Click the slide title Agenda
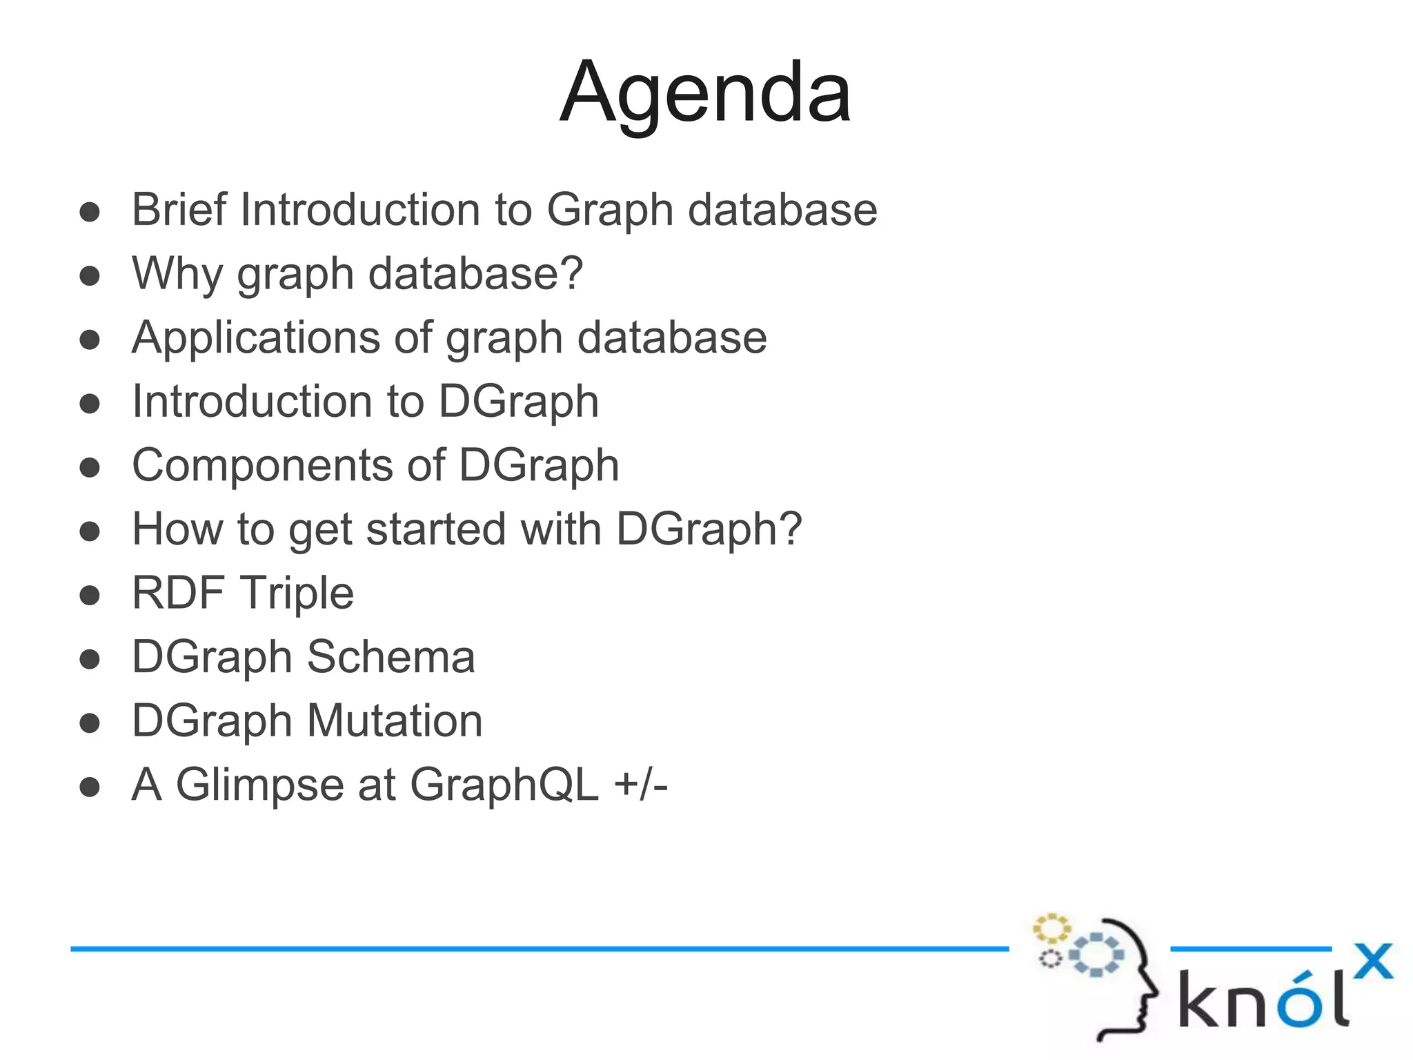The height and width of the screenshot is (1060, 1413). pos(705,93)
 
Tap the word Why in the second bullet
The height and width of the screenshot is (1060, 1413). pos(176,273)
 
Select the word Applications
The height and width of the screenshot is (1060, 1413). pos(255,337)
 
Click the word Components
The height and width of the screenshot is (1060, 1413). pos(261,465)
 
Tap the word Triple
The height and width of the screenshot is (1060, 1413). pos(297,594)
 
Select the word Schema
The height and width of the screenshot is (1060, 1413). pos(391,657)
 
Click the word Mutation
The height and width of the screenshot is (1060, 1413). pos(394,721)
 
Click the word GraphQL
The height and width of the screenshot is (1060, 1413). pos(504,785)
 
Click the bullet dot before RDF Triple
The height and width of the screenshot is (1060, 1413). pos(90,595)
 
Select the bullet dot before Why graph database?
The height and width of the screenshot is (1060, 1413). pos(90,276)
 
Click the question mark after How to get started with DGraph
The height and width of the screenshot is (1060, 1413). pos(789,529)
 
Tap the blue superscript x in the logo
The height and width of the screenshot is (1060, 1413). pos(1372,961)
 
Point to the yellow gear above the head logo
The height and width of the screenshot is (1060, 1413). pos(1051,928)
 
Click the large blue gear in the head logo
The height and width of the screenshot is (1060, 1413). pos(1096,955)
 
